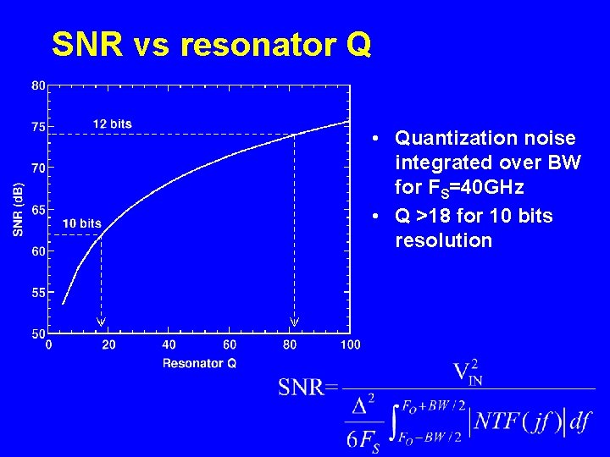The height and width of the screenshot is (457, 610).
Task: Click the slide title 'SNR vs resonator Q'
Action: pos(211,44)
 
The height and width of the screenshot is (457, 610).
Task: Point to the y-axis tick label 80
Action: pos(39,85)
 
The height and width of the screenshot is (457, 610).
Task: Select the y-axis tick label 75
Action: pos(39,127)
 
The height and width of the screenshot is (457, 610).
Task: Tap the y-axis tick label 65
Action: pos(39,210)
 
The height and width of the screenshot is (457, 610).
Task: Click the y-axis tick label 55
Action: pos(39,293)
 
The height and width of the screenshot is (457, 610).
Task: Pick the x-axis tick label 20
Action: pos(108,344)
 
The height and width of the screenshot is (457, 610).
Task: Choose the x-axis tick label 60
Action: pos(230,344)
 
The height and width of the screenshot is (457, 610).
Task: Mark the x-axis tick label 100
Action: pos(350,344)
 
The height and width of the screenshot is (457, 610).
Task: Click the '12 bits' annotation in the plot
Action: pos(113,124)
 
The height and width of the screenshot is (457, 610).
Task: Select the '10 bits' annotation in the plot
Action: pos(82,223)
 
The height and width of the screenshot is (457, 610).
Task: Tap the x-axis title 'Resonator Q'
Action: pos(199,363)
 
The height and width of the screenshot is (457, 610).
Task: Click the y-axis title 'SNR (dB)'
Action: pos(18,210)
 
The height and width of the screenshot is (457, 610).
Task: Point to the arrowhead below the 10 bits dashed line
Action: pos(101,321)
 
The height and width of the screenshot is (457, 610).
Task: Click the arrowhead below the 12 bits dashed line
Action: pos(295,321)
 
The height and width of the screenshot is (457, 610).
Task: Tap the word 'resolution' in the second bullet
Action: pos(443,240)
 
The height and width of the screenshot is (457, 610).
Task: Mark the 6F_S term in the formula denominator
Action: pos(363,438)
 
